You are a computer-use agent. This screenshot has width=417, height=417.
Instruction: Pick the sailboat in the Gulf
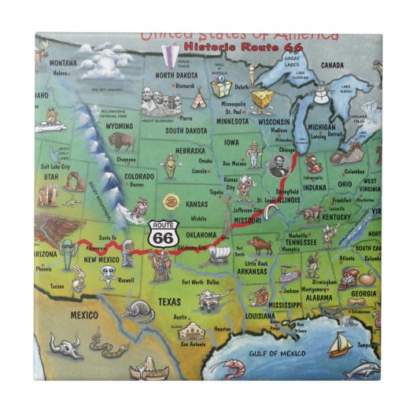pos(341,343)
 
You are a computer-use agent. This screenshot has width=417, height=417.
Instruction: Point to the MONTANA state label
pos(64,64)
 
